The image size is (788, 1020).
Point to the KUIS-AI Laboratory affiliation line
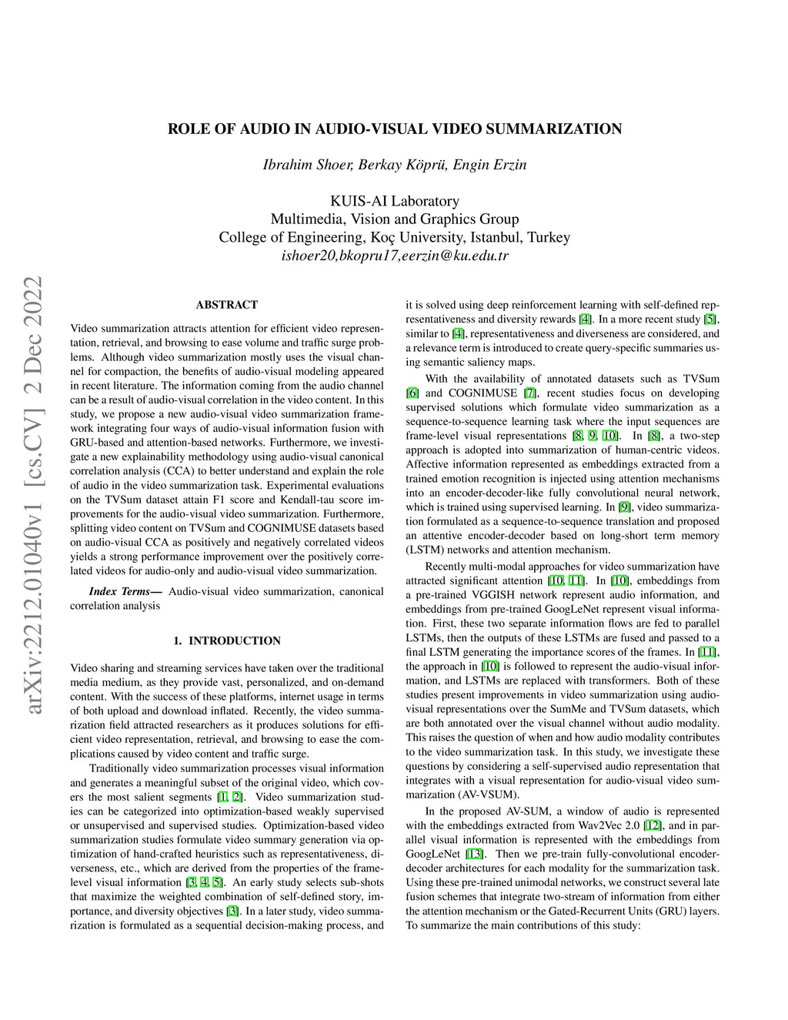[x=395, y=201]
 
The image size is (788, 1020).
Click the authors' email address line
[x=395, y=256]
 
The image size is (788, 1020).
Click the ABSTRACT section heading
[x=227, y=305]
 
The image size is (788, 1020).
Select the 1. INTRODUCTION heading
[x=227, y=640]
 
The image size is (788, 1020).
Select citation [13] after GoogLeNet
[x=475, y=854]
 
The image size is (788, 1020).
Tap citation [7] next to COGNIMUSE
[x=529, y=393]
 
